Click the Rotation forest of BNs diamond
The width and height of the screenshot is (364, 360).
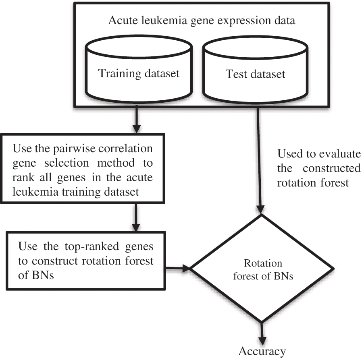click(263, 268)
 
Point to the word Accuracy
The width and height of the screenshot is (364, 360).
click(262, 351)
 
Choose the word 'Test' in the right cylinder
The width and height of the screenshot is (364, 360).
click(235, 74)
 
